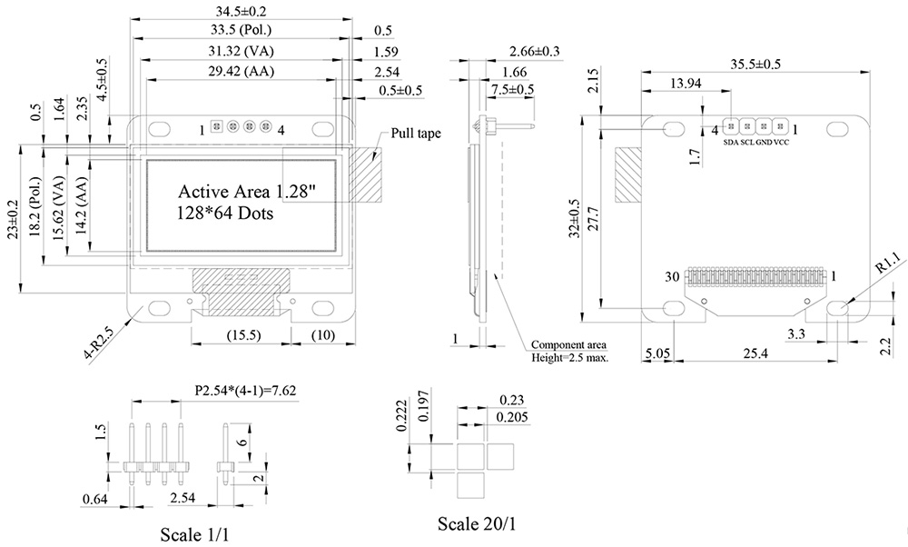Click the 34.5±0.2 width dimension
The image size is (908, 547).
point(240,11)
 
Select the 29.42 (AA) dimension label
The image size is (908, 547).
point(240,71)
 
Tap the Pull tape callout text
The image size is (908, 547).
point(416,133)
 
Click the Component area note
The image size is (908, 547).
point(569,344)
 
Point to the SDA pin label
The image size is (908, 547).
point(731,143)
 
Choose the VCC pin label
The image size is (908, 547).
point(782,143)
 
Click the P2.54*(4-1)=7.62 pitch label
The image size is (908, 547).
point(246,391)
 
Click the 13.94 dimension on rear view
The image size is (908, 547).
point(685,84)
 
